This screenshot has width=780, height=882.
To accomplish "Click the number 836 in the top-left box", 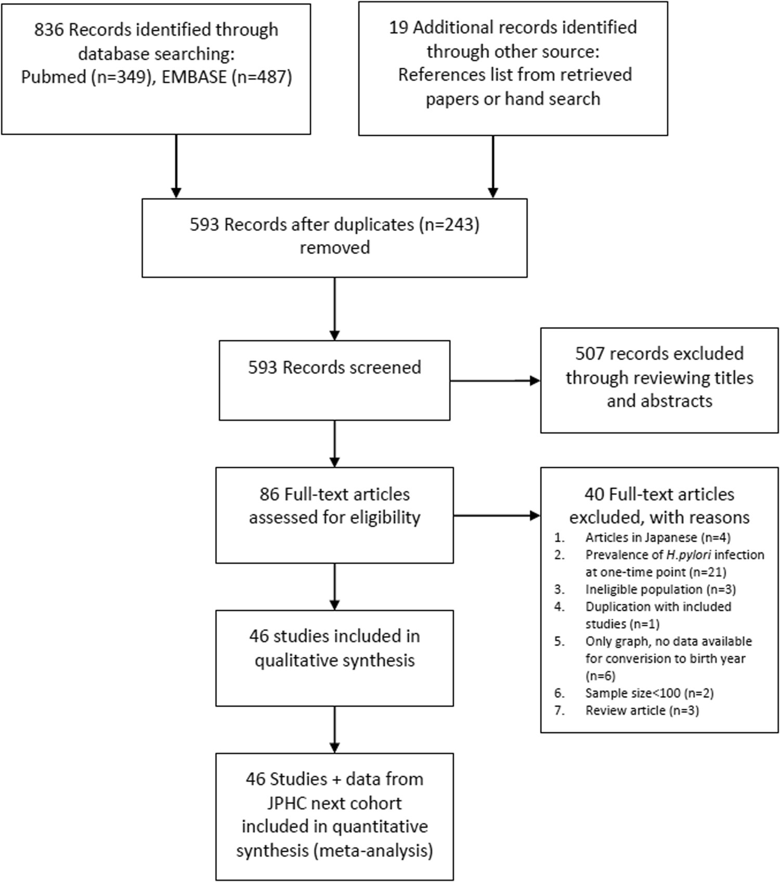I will coord(49,30).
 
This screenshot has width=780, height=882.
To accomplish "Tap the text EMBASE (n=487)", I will coord(227,77).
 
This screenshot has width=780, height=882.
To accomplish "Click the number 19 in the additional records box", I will coord(398,28).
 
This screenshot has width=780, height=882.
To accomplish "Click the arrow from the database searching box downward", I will coord(176,167).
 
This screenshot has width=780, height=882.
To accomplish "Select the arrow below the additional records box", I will coord(493,167).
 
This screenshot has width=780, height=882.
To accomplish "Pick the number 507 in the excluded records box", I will coord(590,354).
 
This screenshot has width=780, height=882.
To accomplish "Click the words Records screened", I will coord(352,367).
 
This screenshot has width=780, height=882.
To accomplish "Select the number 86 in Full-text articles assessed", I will coord(270,494).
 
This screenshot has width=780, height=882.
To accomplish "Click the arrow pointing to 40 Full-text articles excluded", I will coord(497,516).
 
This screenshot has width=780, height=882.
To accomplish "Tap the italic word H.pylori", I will coord(688,555).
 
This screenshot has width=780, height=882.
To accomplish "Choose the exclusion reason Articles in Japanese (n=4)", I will coord(658,538).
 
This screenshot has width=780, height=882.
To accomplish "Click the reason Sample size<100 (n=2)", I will coord(649,693).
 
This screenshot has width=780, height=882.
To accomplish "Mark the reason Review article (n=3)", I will coord(642,710).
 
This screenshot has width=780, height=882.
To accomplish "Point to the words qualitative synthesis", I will coord(334,660).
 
